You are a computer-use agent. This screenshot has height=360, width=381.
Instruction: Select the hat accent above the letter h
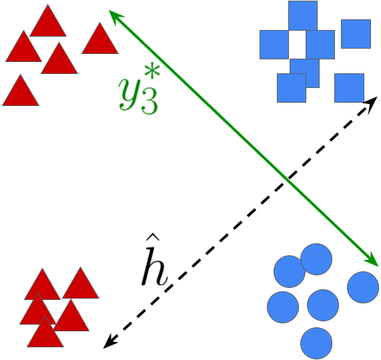coord(152,238)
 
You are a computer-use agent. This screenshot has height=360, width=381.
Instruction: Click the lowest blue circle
coord(316,343)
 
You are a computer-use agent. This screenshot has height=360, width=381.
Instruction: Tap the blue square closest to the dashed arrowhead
coord(349,88)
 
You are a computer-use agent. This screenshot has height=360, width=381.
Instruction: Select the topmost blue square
coord(303,15)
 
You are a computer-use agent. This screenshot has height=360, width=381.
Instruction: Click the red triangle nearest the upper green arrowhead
coord(100,40)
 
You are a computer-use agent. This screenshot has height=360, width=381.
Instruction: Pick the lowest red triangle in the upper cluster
coord(20,92)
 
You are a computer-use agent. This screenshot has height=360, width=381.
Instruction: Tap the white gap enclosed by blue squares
coord(297,44)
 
